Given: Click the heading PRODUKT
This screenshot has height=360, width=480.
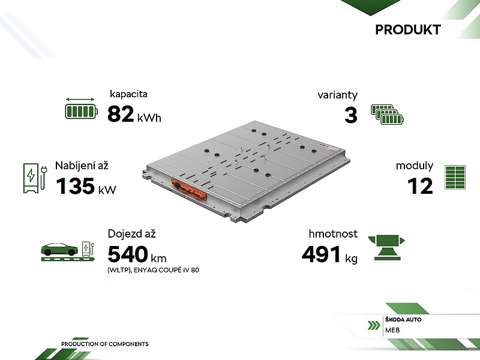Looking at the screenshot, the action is tap(408, 29).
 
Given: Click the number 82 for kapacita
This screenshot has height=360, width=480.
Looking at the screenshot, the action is tap(121, 114).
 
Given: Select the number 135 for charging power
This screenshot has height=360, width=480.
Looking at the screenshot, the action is tap(76, 186).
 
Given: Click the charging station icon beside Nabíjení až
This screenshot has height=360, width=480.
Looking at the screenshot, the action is tap(35, 178).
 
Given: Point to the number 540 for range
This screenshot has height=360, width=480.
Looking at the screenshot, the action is tap(128, 254).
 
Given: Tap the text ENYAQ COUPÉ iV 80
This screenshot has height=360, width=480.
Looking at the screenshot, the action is tap(167, 270).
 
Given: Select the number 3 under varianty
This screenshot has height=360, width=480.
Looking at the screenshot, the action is tap(351, 115).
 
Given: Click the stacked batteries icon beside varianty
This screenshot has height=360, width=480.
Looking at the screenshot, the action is tap(387, 115).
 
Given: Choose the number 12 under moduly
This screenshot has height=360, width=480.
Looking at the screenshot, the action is tap(421, 186).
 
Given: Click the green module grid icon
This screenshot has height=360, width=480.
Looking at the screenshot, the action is tap(455, 177).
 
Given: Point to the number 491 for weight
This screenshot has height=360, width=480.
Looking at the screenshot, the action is tap(321, 254).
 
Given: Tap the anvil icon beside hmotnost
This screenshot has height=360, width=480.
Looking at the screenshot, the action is tap(386, 248).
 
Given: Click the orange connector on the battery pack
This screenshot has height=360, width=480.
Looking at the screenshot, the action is tap(189, 190).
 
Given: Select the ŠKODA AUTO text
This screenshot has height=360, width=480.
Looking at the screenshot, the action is tap(403, 320).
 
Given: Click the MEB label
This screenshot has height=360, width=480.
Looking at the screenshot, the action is tap(392, 330).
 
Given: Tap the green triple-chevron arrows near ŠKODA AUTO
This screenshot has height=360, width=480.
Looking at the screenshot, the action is tap(374, 325).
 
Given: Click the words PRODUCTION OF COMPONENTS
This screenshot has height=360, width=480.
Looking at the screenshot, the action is tap(104, 344).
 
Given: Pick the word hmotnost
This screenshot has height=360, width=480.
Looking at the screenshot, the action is tap(333, 234).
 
